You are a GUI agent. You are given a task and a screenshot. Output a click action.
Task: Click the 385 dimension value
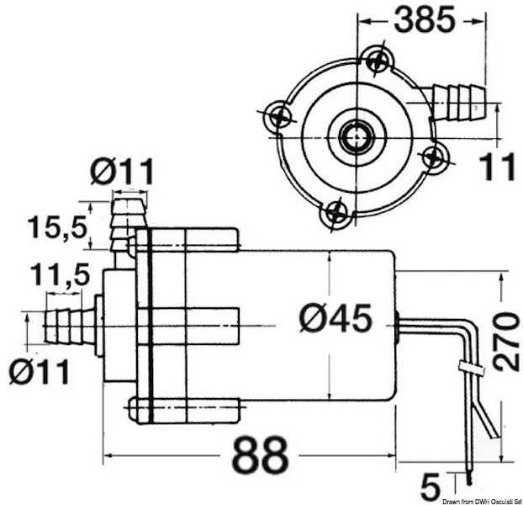pos(423,19)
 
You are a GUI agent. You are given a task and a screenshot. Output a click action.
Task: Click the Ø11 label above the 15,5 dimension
pos(123,173)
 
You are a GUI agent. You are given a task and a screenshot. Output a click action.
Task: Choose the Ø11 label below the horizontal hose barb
pos(40,369)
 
